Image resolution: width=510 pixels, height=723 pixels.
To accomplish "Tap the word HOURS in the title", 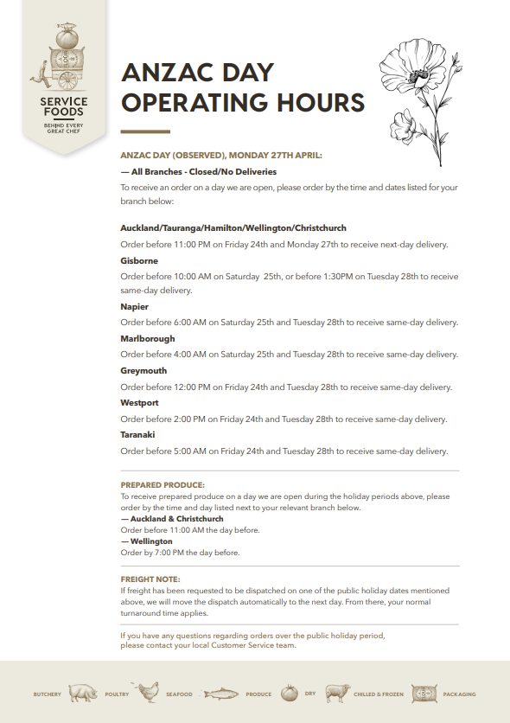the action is tap(314, 103).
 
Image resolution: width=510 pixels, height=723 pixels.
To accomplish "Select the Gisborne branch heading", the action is tap(139, 260).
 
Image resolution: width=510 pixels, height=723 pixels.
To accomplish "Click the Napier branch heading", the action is tap(134, 306).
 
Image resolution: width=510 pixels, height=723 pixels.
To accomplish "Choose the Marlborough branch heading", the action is tap(148, 338).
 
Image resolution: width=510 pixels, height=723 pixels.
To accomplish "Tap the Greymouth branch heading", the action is tap(143, 370).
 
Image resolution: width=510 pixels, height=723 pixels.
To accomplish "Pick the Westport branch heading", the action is tap(140, 402).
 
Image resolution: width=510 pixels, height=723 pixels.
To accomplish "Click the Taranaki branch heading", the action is tap(137, 434).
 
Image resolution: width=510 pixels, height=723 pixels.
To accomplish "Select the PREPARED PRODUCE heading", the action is tap(163, 485).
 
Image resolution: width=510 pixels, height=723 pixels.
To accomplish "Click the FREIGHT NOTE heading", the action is tap(150, 579).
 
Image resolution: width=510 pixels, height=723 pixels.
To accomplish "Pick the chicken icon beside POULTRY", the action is tap(149, 692).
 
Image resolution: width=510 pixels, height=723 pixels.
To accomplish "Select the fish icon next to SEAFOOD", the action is tap(220, 694).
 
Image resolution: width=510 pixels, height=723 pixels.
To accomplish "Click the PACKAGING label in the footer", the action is tap(459, 694).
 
